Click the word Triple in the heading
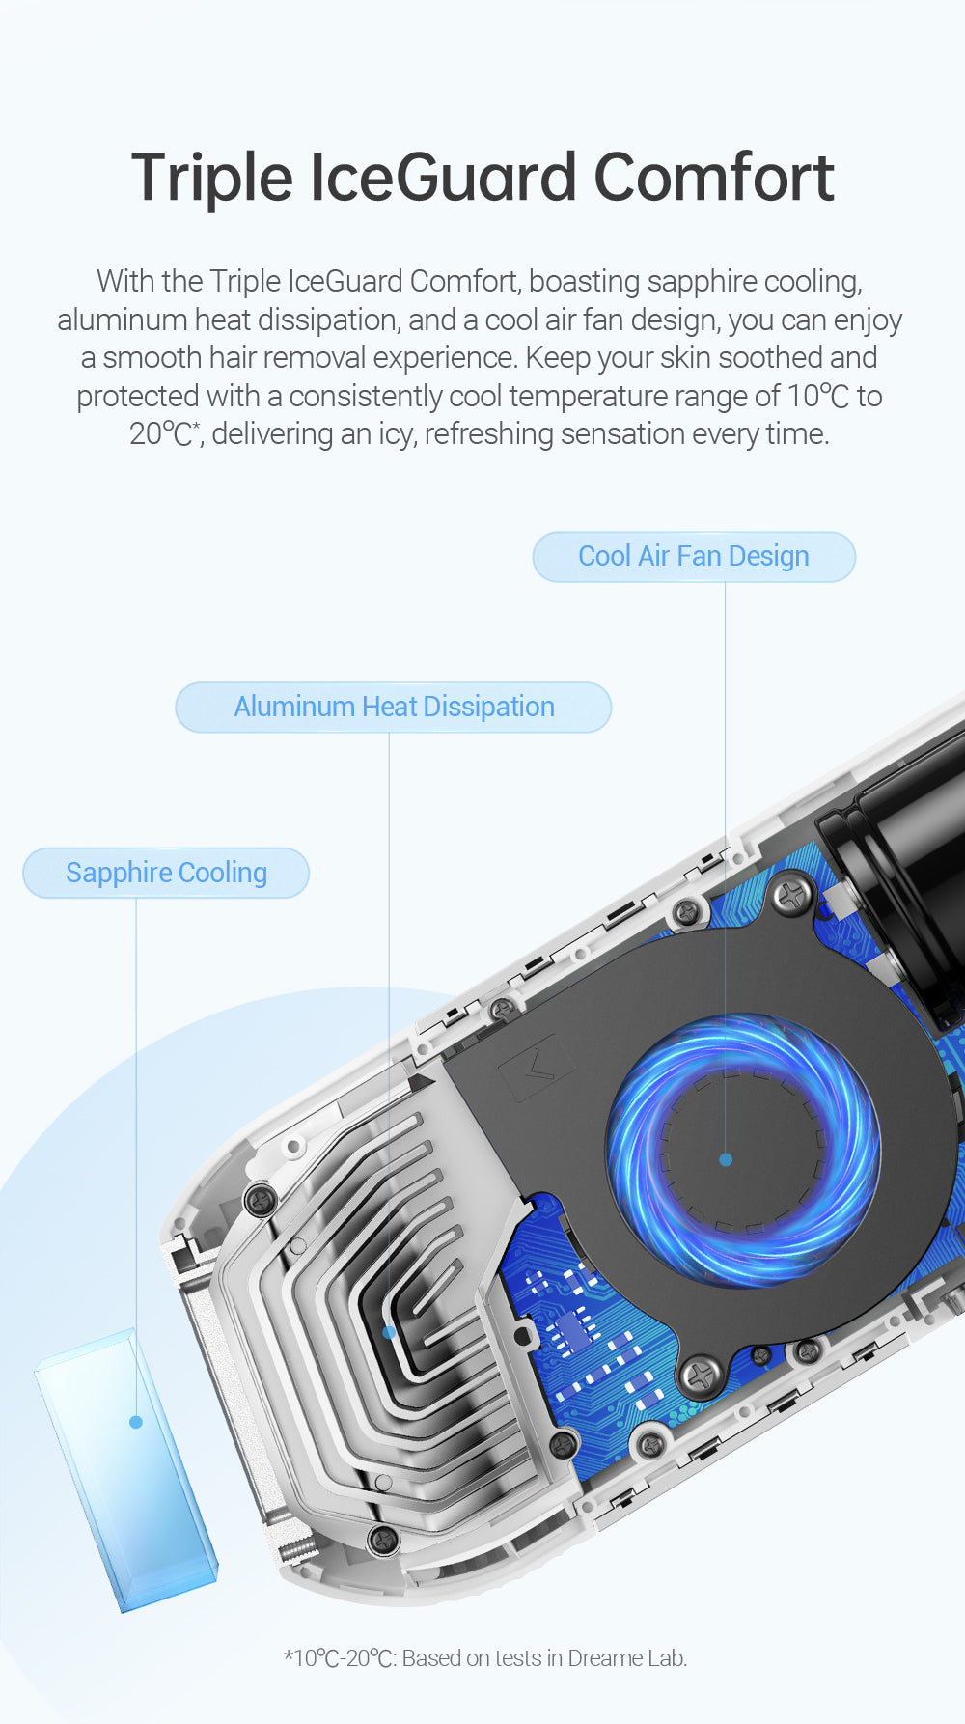[x=211, y=179]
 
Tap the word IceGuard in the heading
[x=443, y=179]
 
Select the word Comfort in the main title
[x=714, y=179]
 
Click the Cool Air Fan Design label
[x=694, y=557]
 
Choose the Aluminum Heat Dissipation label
[x=394, y=708]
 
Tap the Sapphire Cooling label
[x=166, y=874]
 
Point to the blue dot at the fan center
[x=726, y=1159]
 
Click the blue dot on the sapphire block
[x=136, y=1422]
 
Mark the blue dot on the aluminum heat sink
[x=389, y=1332]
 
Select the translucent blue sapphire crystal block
[x=125, y=1467]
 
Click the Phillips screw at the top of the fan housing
[x=793, y=896]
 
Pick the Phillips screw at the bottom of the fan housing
[x=702, y=1375]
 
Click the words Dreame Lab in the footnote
[x=627, y=1658]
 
